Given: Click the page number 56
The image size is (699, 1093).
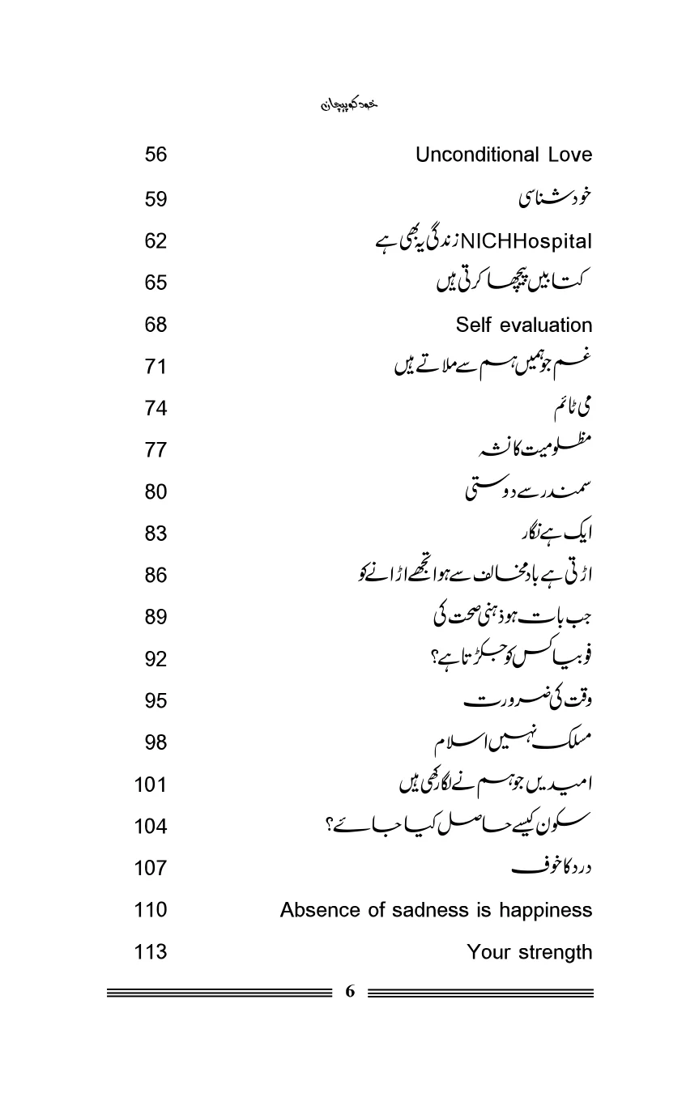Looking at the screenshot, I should (156, 155).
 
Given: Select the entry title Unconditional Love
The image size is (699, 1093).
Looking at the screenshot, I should (503, 155).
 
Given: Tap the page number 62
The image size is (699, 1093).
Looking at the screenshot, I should (156, 240).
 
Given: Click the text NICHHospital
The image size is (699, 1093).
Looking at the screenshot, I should (526, 241).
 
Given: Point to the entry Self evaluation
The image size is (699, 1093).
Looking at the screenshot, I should (523, 325).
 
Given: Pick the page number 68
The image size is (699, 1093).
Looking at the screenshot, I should (156, 325).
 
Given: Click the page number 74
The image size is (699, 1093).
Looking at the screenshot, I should (156, 408).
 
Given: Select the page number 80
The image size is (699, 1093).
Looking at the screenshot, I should (156, 491).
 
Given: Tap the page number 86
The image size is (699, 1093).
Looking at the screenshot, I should (156, 576).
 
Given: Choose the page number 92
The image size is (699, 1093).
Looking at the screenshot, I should (156, 659).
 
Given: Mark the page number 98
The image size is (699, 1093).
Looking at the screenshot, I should (156, 742).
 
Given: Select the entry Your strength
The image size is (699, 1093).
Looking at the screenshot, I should (529, 953).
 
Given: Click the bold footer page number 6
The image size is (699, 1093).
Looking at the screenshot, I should (350, 992).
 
